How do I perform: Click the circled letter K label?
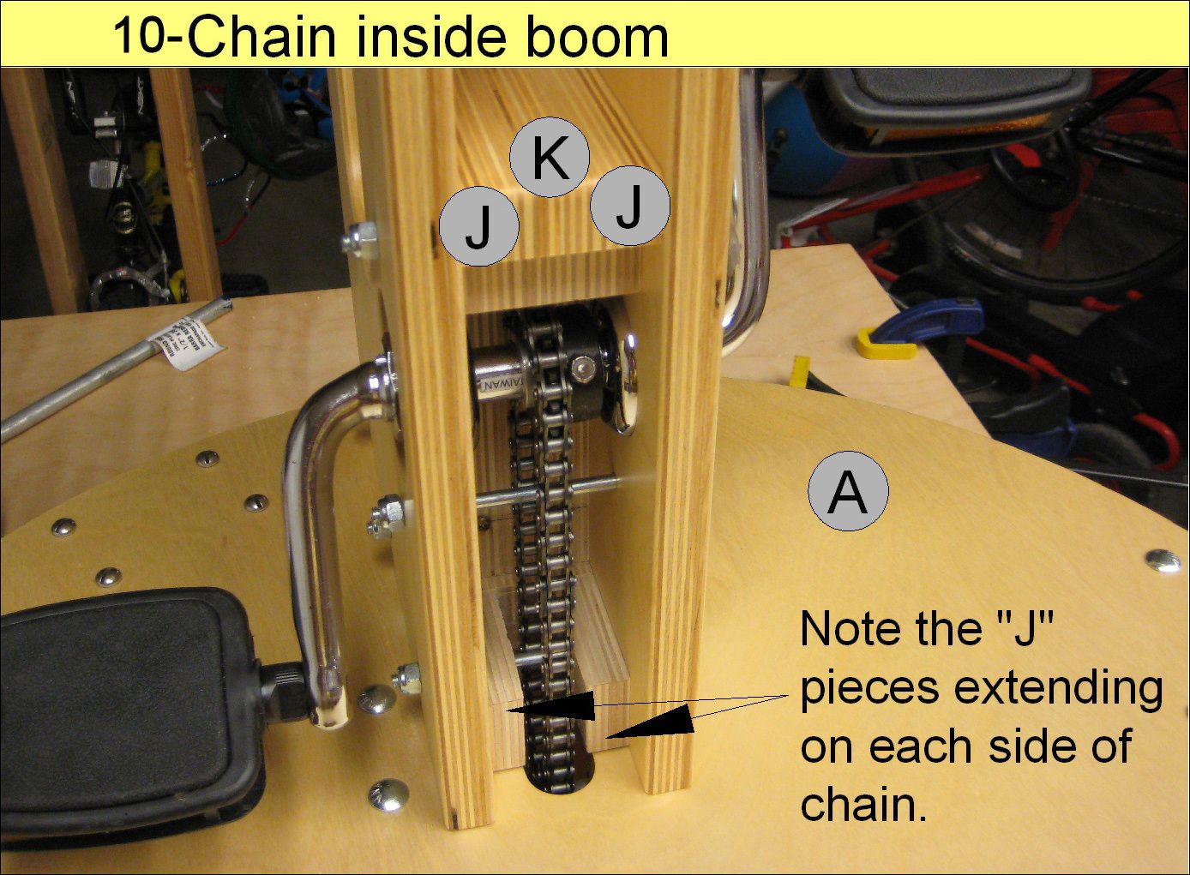[x=550, y=158]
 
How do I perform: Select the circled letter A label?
[x=848, y=492]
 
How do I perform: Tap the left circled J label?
[x=478, y=226]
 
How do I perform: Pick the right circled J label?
[x=629, y=206]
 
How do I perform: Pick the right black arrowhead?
[x=652, y=722]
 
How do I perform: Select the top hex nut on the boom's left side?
[x=359, y=239]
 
